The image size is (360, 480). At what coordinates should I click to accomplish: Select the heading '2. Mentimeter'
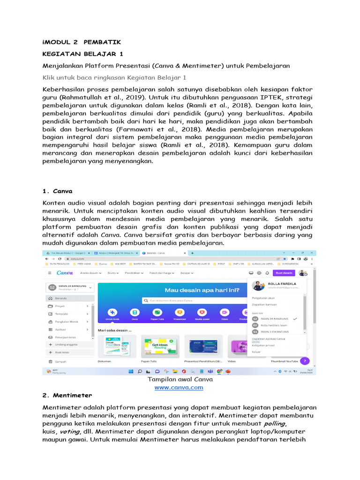coord(67,395)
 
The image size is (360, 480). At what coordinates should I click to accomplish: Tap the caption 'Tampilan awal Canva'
coord(180,379)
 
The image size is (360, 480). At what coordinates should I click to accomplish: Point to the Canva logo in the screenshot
coord(65,273)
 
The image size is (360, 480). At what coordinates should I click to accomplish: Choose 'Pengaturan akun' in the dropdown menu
coord(263,298)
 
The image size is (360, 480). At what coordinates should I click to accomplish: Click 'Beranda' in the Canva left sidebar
coord(61,298)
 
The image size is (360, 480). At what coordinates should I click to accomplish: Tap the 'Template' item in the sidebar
coord(62,314)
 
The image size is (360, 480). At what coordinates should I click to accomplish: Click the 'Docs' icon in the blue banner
coord(135,313)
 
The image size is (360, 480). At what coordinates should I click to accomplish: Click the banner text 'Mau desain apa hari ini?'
coord(202,290)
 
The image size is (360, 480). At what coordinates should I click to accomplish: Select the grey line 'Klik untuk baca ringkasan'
coord(114,77)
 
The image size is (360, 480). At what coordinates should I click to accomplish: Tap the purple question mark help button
coord(304,361)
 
